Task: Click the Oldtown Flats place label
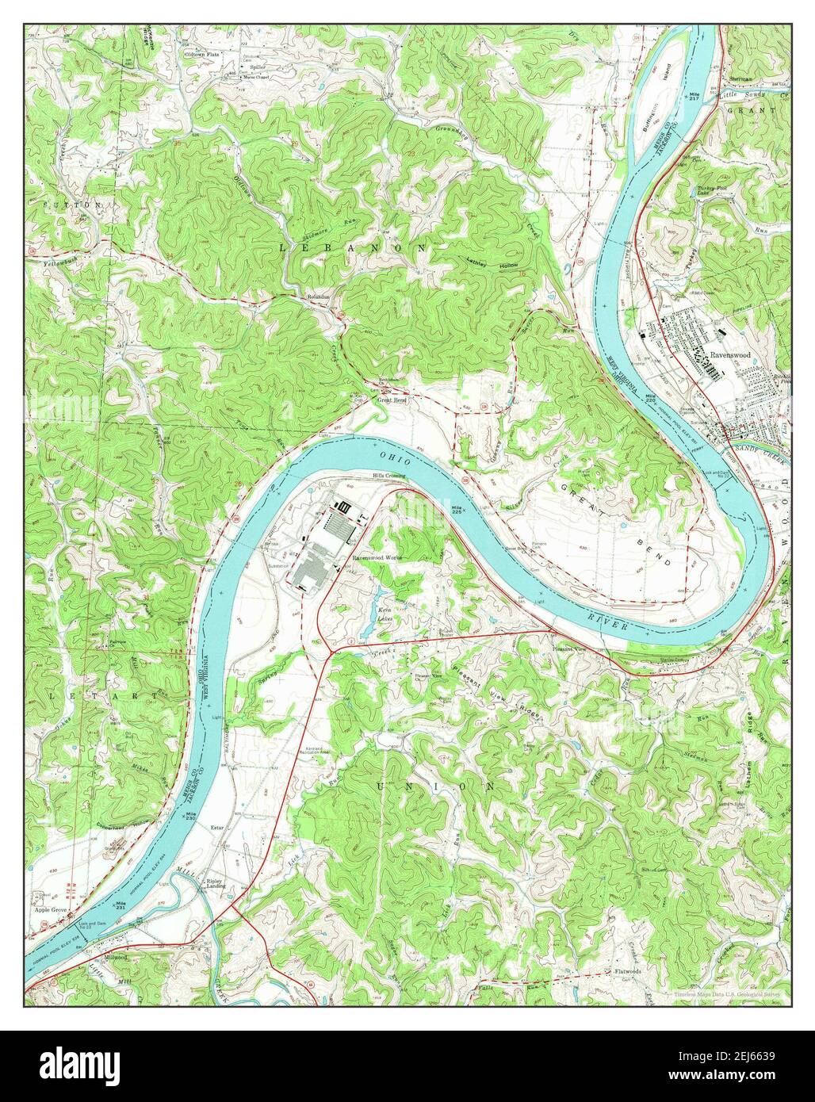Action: (x=201, y=55)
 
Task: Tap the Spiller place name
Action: (x=236, y=67)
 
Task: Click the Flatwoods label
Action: (x=627, y=970)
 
